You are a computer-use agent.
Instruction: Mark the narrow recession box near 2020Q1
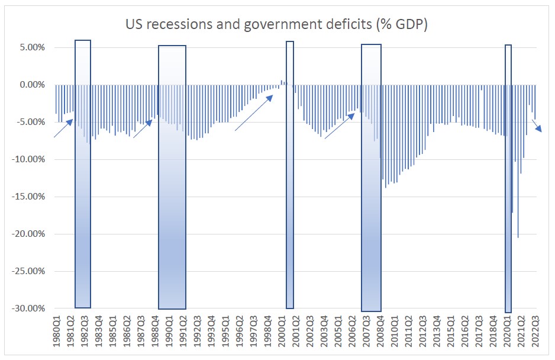[508, 178]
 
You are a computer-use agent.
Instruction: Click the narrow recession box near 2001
[290, 178]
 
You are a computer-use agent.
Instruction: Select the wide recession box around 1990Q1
[172, 178]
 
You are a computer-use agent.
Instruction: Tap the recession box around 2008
[371, 178]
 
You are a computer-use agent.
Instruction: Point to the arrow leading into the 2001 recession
[253, 112]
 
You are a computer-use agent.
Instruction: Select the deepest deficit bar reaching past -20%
[518, 178]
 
